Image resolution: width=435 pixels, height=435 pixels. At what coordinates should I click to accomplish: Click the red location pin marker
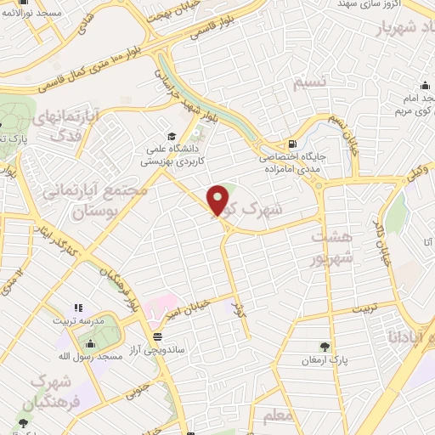[218, 201]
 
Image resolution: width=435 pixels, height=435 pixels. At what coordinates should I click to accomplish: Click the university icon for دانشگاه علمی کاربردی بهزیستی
[172, 136]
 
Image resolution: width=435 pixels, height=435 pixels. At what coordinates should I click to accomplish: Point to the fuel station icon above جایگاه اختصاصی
[293, 144]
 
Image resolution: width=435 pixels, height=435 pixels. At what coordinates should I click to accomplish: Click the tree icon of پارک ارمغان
[325, 346]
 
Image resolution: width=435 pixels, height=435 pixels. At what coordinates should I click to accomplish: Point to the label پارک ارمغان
[325, 361]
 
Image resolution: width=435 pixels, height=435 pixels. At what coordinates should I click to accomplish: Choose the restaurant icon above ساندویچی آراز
[158, 336]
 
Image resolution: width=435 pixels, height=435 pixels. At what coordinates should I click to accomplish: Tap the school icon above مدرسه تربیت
[77, 308]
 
